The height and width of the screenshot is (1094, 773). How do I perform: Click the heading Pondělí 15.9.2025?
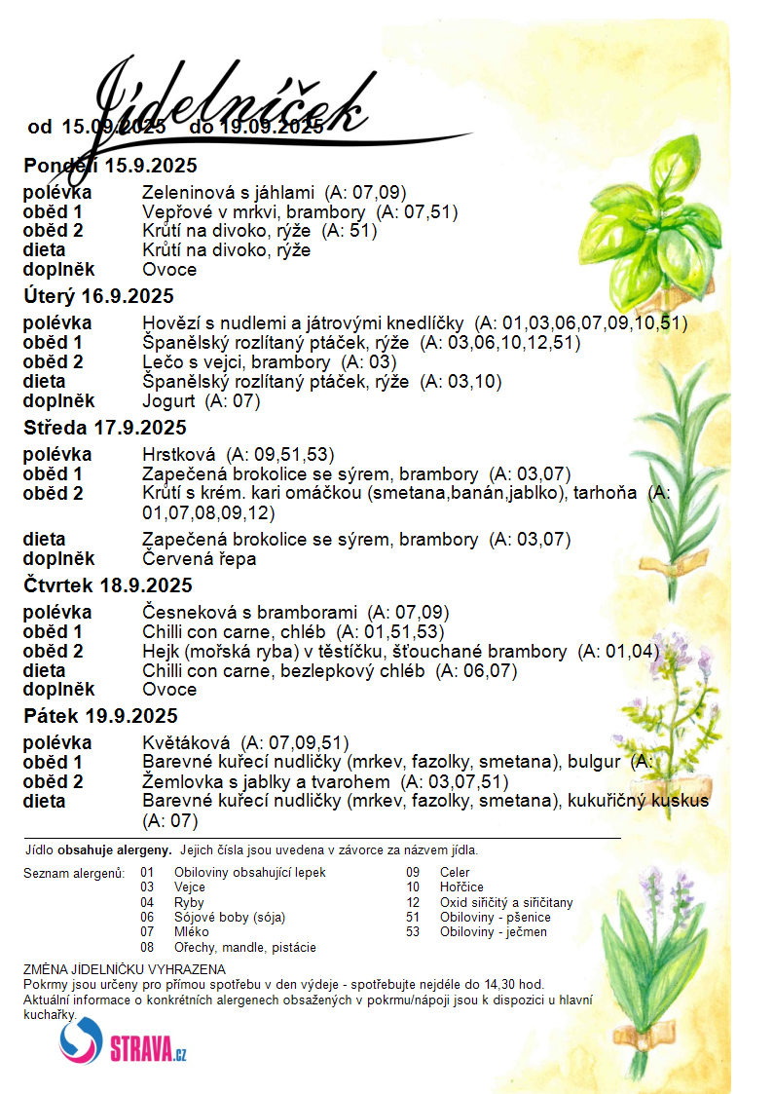(110, 164)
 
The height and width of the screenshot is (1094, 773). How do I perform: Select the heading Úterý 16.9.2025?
(98, 296)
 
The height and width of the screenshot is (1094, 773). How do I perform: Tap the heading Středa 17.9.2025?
(105, 428)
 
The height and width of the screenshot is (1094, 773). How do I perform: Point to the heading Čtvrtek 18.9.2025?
(108, 585)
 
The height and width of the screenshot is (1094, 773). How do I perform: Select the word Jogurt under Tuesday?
(168, 400)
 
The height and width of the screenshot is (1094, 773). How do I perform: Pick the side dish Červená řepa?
(201, 558)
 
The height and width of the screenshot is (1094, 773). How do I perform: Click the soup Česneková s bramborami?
(249, 612)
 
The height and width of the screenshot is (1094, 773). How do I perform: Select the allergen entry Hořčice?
(461, 887)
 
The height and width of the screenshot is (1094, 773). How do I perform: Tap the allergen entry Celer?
(455, 872)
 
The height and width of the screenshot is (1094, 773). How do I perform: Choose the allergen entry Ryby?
(189, 902)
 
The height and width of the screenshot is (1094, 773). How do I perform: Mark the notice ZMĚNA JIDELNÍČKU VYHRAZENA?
(125, 969)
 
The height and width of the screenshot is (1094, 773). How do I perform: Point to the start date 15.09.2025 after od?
(113, 127)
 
